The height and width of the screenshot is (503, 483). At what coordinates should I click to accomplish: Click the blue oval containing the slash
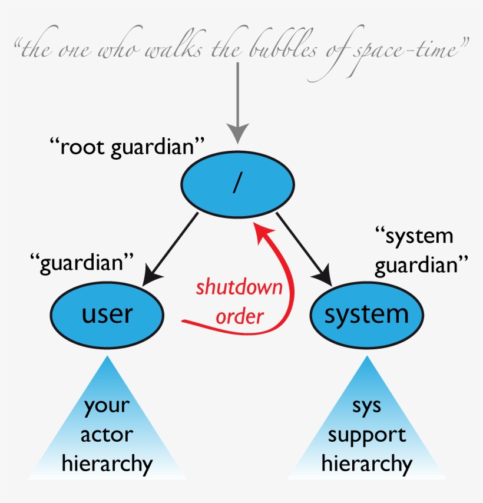[x=237, y=184]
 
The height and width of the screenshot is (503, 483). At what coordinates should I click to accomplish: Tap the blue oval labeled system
[x=366, y=315]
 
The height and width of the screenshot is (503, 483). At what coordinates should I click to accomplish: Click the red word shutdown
[x=239, y=288]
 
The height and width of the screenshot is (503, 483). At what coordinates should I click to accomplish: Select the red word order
[x=239, y=316]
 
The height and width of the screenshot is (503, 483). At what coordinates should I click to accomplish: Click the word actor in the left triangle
[x=107, y=435]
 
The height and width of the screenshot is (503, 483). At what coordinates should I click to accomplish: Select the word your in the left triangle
[x=107, y=406]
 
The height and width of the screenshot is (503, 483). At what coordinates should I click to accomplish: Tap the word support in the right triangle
[x=367, y=435]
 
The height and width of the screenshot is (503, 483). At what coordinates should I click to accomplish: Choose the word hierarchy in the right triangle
[x=367, y=464]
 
